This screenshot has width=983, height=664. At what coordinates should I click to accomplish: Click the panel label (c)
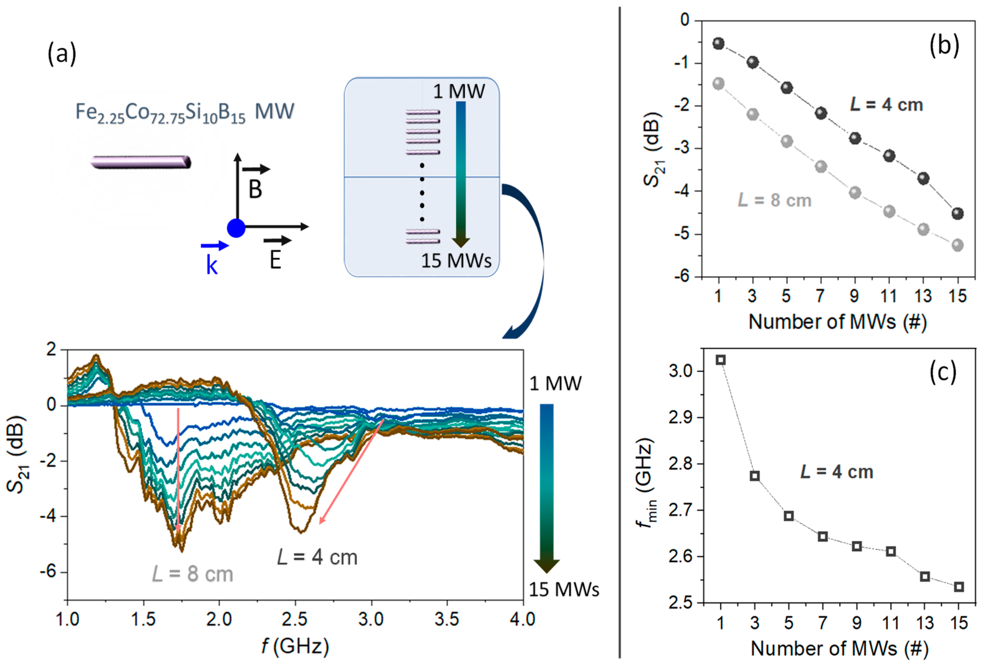943,372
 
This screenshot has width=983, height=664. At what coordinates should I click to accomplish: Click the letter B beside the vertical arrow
255,189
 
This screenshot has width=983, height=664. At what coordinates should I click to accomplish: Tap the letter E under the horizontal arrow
275,260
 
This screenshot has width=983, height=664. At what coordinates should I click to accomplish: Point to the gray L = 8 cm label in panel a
192,574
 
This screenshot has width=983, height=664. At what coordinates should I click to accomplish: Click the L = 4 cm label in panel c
837,472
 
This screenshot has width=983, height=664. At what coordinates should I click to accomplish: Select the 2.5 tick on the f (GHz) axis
295,619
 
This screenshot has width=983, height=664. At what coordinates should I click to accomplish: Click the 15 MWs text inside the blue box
456,260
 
